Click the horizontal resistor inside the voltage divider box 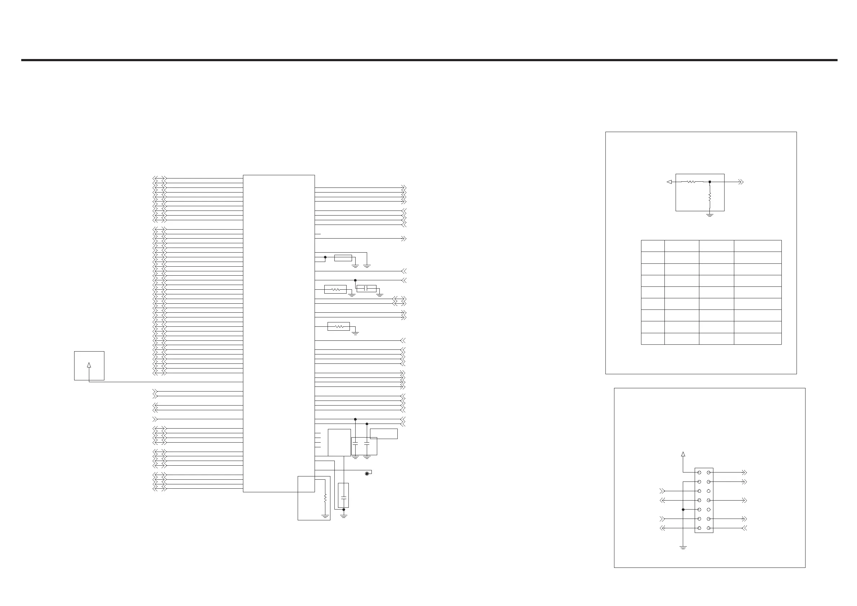(691, 182)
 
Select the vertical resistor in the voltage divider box (710, 196)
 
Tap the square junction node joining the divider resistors (710, 182)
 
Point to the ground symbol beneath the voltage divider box (710, 215)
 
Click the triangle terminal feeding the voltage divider (669, 182)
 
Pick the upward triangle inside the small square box (89, 365)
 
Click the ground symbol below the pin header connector (683, 547)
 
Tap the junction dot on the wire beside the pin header (683, 509)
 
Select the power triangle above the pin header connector (683, 454)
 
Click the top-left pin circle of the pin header (699, 472)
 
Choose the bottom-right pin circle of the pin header (708, 528)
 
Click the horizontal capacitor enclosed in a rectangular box (366, 288)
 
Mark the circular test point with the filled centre (367, 474)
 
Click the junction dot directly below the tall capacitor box (344, 509)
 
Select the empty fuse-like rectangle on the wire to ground (343, 257)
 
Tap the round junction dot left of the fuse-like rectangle (325, 257)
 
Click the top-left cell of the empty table (653, 246)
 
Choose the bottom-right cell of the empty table (757, 339)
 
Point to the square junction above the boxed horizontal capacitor (355, 280)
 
